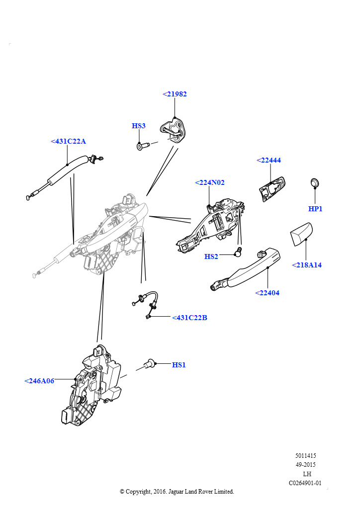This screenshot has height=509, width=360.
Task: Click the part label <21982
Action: tap(175, 94)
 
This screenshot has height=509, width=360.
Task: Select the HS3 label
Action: tap(139, 126)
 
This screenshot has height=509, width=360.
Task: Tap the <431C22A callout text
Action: tap(68, 142)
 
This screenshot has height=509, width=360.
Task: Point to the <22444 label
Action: tap(269, 161)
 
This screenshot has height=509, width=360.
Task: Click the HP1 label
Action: tap(315, 209)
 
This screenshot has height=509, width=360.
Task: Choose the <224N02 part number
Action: tap(209, 183)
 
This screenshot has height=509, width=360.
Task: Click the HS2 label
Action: tap(211, 257)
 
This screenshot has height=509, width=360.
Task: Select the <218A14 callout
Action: tap(306, 265)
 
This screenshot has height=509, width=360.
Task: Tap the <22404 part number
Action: tap(267, 293)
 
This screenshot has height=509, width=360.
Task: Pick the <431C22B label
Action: tap(189, 318)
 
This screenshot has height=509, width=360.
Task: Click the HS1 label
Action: tap(179, 365)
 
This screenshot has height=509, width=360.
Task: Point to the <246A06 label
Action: tap(39, 381)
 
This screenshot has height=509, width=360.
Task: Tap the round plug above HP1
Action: tap(315, 182)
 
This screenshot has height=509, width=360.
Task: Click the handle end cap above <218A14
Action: tap(301, 234)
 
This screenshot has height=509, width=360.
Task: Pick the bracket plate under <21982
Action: tap(174, 129)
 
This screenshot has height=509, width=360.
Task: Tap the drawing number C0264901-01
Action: tap(305, 483)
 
